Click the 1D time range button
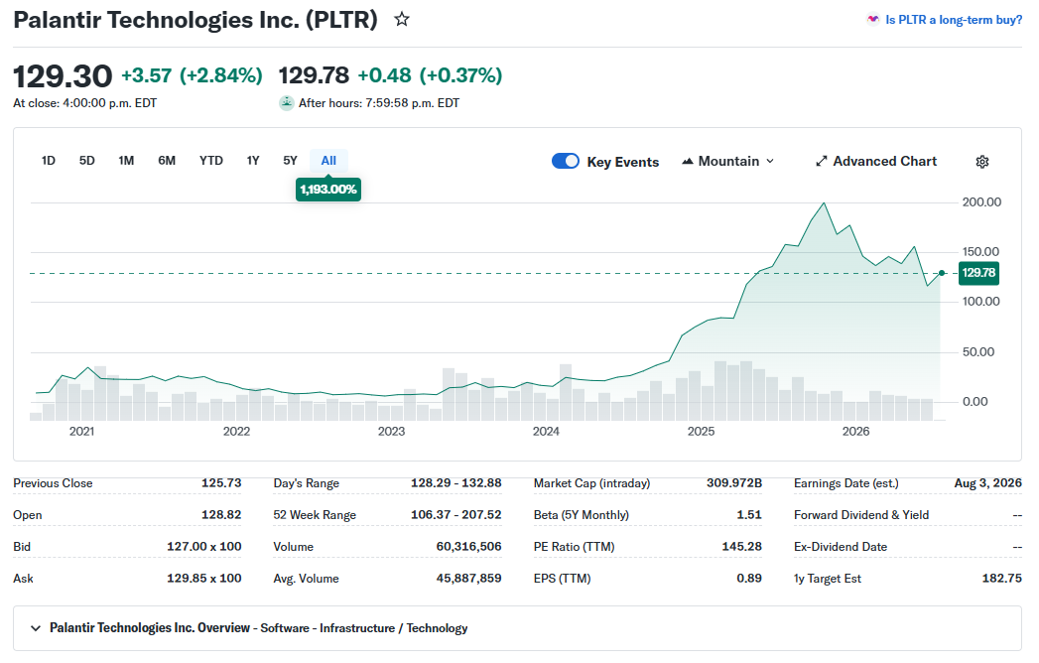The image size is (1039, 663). click(49, 161)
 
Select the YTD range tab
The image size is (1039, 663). click(210, 161)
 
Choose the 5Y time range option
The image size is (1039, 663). click(290, 161)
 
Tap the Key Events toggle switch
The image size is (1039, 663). click(566, 161)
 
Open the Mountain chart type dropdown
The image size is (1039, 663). click(728, 161)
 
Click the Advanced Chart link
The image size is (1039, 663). click(876, 161)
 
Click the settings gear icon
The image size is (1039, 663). click(982, 162)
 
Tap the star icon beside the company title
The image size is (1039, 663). click(402, 19)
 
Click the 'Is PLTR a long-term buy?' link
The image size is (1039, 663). click(954, 20)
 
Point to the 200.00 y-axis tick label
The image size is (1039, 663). click(981, 202)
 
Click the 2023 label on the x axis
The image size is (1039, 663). click(391, 432)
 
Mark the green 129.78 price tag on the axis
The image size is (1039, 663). click(978, 273)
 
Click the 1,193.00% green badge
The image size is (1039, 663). click(328, 190)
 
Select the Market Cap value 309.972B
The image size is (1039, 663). click(734, 483)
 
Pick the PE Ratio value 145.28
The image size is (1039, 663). click(741, 547)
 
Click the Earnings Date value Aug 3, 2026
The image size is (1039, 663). click(988, 483)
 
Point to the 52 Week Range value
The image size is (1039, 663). click(455, 515)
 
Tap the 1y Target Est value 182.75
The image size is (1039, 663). click(1002, 579)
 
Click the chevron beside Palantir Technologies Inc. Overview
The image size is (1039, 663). click(36, 628)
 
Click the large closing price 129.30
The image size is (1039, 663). click(63, 76)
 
